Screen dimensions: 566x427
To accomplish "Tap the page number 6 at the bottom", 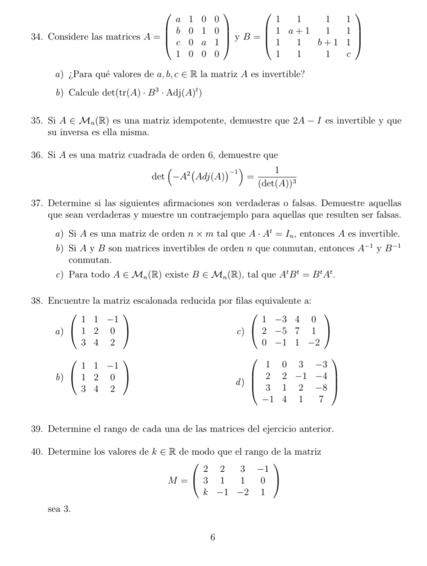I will pyautogui.click(x=213, y=537).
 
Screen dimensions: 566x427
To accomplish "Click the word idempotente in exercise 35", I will pyautogui.click(x=191, y=120).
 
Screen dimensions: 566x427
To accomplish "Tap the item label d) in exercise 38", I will pyautogui.click(x=240, y=382).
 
